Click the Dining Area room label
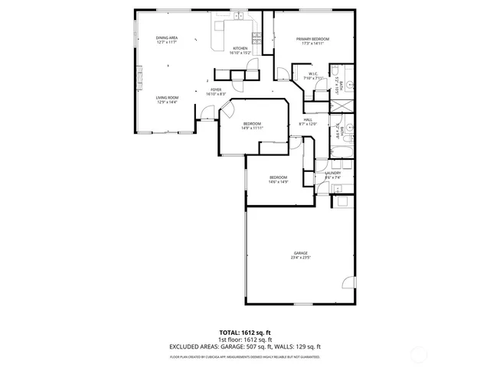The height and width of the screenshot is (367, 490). point(167,38)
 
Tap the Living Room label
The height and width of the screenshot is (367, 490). point(167,98)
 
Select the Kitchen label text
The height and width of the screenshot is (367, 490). point(240,48)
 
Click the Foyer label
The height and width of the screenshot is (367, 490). point(216,89)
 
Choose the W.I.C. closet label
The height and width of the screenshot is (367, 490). point(313,74)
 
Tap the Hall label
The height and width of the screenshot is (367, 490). point(308,119)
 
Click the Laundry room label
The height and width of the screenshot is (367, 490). point(333,173)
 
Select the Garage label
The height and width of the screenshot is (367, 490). point(300,253)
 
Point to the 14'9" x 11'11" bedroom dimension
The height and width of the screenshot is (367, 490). point(252,128)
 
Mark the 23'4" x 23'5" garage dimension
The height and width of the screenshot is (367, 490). point(300,258)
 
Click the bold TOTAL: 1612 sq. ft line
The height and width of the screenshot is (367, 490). point(246,333)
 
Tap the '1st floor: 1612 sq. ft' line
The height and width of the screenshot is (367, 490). point(246,339)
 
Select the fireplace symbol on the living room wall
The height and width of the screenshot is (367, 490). point(139,77)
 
